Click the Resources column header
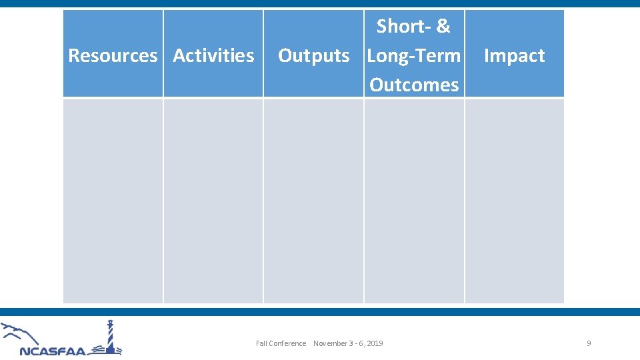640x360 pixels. click(113, 55)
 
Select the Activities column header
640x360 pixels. click(213, 55)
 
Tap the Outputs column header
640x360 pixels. click(313, 55)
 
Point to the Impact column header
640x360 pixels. click(514, 55)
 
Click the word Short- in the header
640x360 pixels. click(403, 27)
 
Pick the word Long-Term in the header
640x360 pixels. click(414, 55)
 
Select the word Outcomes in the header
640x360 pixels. click(414, 85)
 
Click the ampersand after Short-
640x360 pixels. click(443, 27)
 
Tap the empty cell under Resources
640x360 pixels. click(113, 201)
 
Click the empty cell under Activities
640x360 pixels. click(213, 201)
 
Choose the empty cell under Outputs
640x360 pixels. click(313, 201)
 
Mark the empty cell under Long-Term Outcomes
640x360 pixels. click(414, 201)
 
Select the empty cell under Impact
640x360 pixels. click(514, 201)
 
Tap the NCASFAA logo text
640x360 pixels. click(53, 351)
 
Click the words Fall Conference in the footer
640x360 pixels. click(281, 343)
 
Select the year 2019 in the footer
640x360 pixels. click(375, 343)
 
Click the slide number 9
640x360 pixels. click(589, 343)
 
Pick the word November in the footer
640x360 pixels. click(331, 343)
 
